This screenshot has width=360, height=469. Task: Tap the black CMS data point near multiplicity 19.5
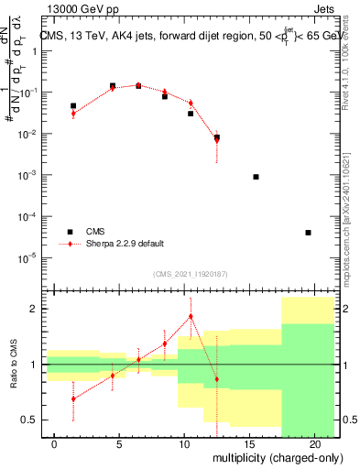pyautogui.click(x=308, y=233)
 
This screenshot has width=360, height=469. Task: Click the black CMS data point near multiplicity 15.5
pyautogui.click(x=256, y=177)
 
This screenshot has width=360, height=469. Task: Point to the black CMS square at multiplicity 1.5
pyautogui.click(x=73, y=106)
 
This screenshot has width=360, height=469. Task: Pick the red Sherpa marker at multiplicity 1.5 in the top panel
pyautogui.click(x=73, y=114)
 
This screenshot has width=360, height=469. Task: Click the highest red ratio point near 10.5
pyautogui.click(x=191, y=316)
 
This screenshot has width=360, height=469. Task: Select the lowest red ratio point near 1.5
pyautogui.click(x=73, y=398)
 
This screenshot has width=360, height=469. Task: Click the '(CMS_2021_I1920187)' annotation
pyautogui.click(x=190, y=274)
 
